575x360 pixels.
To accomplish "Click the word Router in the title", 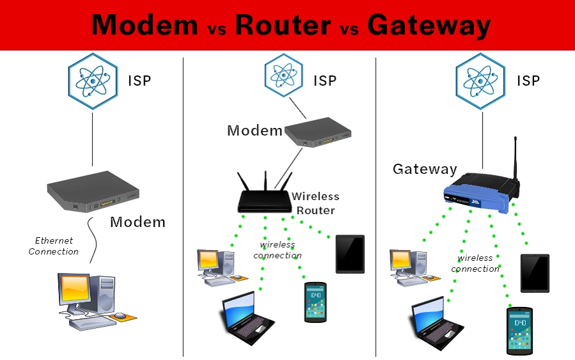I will tap(283, 25).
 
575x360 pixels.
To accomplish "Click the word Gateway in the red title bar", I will tap(429, 25).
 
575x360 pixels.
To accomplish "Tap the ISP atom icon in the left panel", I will tap(93, 81).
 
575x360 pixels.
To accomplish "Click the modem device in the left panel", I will tap(93, 192).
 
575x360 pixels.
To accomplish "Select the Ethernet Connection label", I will tap(54, 246).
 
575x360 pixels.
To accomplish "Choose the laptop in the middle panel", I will tap(245, 318).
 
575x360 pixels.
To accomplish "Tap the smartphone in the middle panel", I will tap(315, 301).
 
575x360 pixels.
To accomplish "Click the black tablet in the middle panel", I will tap(350, 254).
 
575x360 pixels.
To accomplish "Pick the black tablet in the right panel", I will tap(535, 273).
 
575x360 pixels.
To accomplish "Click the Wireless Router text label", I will tap(316, 203).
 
